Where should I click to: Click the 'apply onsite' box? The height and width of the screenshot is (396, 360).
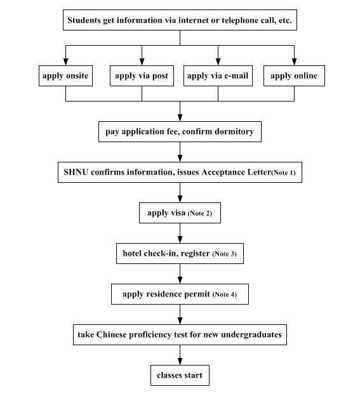pyautogui.click(x=65, y=76)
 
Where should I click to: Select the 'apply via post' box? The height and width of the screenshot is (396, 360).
pyautogui.click(x=142, y=76)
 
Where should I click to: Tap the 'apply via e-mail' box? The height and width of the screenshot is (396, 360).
pyautogui.click(x=218, y=76)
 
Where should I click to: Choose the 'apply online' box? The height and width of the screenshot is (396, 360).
pyautogui.click(x=294, y=76)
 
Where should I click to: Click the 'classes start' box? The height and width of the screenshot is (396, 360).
pyautogui.click(x=180, y=375)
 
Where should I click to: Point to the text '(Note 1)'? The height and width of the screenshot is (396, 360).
pyautogui.click(x=283, y=173)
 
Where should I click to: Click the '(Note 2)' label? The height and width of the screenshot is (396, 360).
pyautogui.click(x=200, y=213)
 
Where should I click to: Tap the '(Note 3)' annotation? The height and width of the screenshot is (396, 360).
pyautogui.click(x=225, y=254)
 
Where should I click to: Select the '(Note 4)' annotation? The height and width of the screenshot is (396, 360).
pyautogui.click(x=225, y=294)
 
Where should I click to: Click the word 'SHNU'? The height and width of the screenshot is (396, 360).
pyautogui.click(x=76, y=172)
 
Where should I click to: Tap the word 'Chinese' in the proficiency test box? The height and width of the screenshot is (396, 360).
pyautogui.click(x=111, y=334)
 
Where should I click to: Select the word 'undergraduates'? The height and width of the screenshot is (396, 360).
pyautogui.click(x=251, y=335)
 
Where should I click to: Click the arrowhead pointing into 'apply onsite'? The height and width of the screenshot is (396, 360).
pyautogui.click(x=65, y=62)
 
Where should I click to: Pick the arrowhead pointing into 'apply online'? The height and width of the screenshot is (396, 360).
pyautogui.click(x=294, y=62)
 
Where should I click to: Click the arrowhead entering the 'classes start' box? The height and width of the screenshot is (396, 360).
pyautogui.click(x=180, y=361)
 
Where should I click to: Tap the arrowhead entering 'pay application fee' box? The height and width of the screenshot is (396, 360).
pyautogui.click(x=180, y=117)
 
